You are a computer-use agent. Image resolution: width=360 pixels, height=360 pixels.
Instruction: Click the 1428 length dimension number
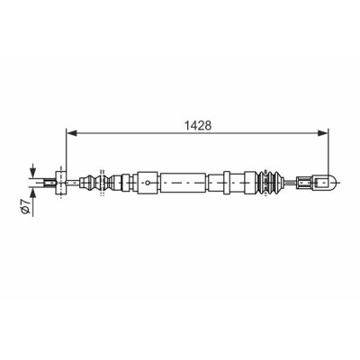tap(197, 126)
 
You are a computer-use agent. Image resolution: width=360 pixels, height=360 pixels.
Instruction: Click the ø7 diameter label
tap(26, 206)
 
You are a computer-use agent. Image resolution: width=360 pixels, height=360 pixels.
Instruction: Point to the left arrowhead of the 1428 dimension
tap(71, 133)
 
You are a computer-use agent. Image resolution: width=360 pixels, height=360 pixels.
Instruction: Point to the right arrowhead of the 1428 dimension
tap(323, 133)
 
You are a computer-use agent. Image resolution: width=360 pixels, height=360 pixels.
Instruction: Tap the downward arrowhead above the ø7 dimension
tap(32, 172)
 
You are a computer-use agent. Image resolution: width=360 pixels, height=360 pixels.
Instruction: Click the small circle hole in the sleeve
tap(148, 183)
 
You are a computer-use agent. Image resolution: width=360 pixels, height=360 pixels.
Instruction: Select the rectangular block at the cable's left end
tap(61, 183)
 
